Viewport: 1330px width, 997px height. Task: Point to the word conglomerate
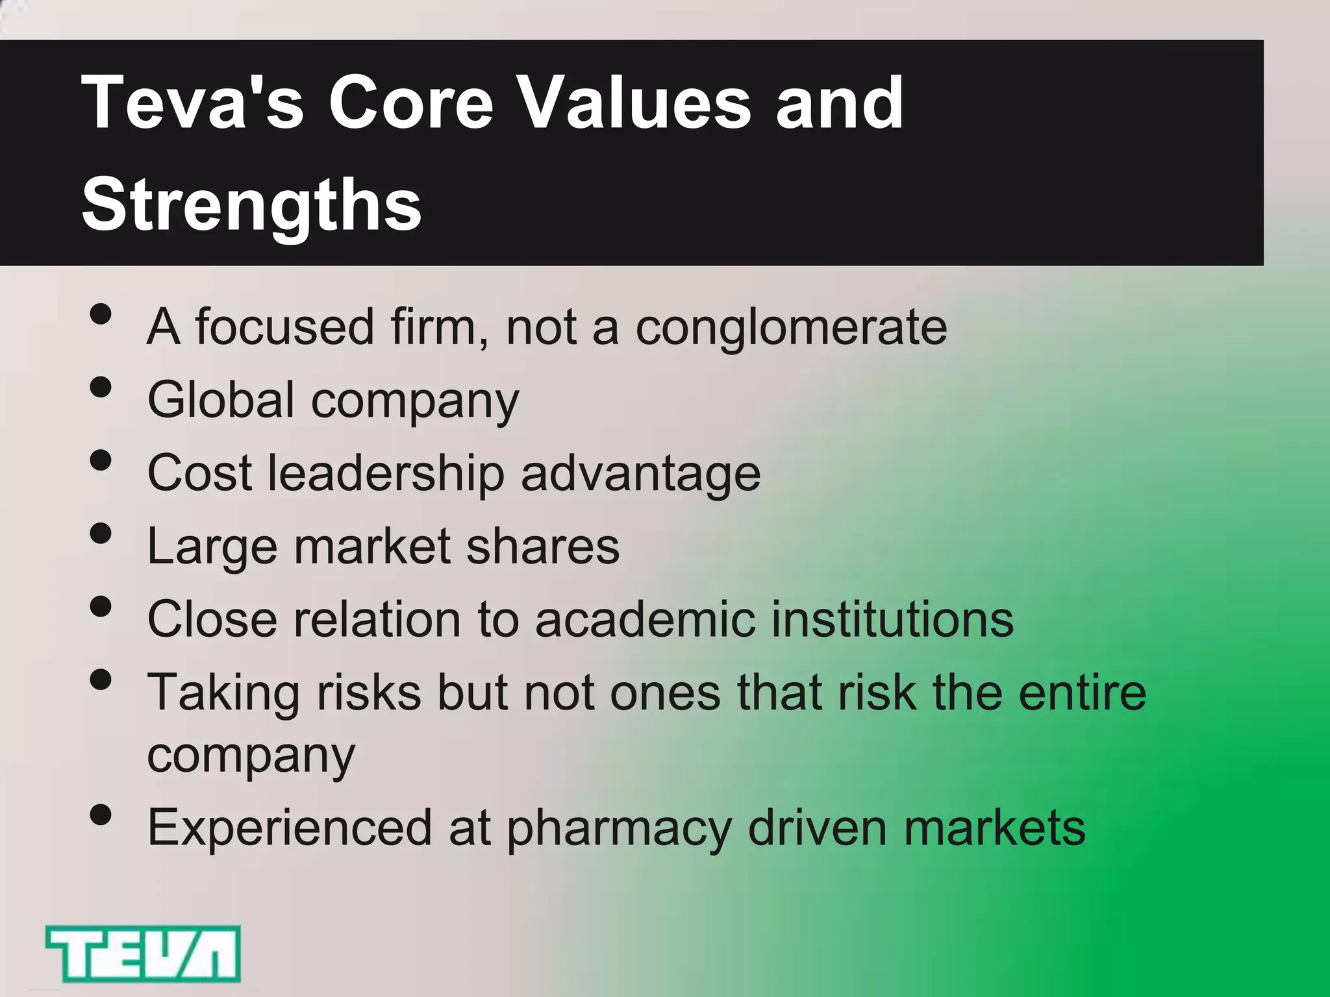point(791,328)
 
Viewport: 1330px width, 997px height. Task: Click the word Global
point(221,399)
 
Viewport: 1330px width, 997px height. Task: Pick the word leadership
point(386,474)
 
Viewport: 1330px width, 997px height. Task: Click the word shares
point(543,547)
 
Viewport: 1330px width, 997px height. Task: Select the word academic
point(646,619)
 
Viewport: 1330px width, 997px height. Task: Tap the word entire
point(1082,692)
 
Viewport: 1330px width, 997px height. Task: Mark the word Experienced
point(290,829)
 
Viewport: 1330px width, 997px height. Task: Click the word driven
point(817,828)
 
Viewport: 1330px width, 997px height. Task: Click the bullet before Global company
point(101,388)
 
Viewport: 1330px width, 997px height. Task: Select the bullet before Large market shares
point(101,534)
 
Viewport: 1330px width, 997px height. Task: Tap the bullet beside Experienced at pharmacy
point(101,815)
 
